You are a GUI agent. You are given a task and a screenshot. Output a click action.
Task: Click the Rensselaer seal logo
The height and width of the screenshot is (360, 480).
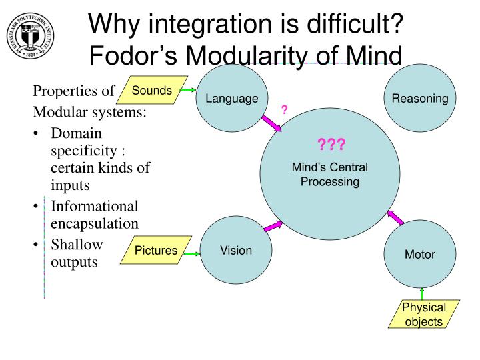click(29, 35)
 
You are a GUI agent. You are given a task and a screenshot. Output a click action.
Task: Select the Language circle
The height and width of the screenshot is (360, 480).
click(231, 99)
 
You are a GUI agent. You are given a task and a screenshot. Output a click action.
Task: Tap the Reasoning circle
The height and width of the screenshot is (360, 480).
click(419, 99)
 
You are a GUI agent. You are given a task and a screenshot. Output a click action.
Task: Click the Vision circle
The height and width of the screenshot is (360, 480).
click(236, 251)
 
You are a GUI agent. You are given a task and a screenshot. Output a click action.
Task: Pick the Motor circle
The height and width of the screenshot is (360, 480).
click(419, 254)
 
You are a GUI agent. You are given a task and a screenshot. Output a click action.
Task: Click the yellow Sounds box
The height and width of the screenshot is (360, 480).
click(151, 91)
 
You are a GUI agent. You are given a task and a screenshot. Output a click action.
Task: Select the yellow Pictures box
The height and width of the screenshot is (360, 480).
click(157, 251)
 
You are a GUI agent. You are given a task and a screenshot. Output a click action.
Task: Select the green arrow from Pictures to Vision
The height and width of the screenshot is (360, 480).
click(192, 253)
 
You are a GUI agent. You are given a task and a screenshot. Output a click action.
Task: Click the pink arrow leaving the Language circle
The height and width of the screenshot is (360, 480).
click(273, 123)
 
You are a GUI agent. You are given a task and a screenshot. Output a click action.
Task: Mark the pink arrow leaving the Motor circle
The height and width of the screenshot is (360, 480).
click(395, 217)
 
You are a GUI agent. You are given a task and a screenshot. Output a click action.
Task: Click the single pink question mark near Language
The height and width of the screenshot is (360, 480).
click(284, 109)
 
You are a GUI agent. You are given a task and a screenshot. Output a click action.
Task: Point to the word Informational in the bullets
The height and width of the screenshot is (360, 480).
click(95, 207)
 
